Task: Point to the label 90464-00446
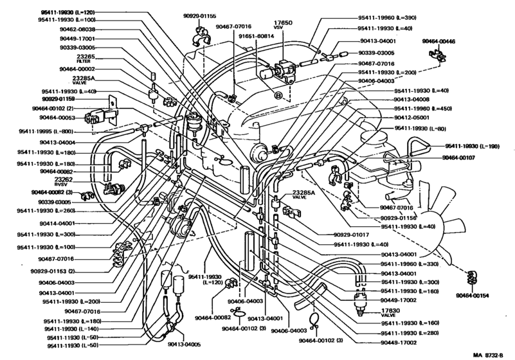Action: pyautogui.click(x=438, y=41)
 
